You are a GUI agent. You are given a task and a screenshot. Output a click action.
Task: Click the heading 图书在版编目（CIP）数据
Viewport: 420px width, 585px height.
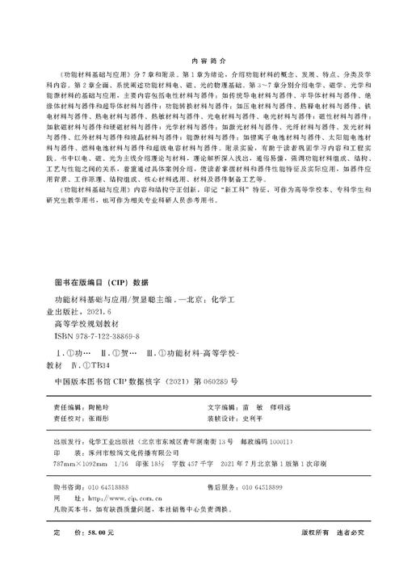[x=101, y=282]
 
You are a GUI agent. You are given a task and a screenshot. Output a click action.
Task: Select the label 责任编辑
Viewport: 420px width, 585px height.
[x=67, y=410]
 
